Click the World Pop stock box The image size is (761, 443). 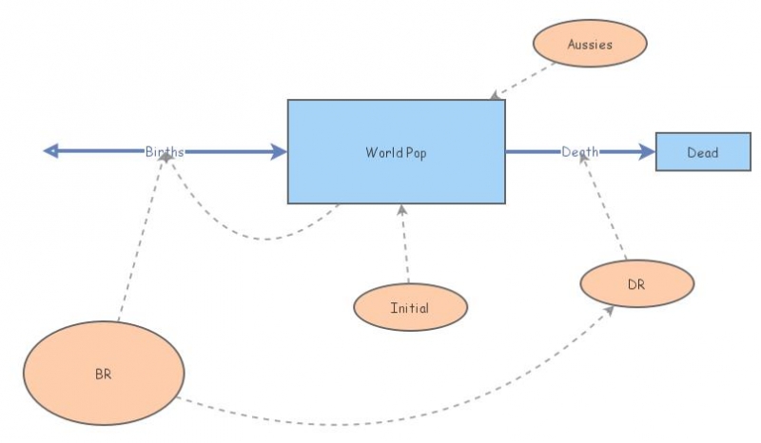pyautogui.click(x=397, y=152)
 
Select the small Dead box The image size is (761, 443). pyautogui.click(x=702, y=152)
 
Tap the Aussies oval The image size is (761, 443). pyautogui.click(x=590, y=43)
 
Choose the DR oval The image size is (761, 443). pyautogui.click(x=636, y=283)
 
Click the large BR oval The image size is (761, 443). pyautogui.click(x=103, y=373)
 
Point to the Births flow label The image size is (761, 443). pyautogui.click(x=165, y=151)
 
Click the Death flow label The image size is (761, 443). pyautogui.click(x=579, y=151)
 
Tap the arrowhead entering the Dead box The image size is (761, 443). pyautogui.click(x=647, y=151)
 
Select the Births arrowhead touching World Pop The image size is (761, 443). pyautogui.click(x=278, y=151)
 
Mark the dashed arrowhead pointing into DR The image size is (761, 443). pyautogui.click(x=609, y=310)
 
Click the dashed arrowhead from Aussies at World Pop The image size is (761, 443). pyautogui.click(x=495, y=95)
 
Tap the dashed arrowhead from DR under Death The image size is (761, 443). pyautogui.click(x=586, y=163)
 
